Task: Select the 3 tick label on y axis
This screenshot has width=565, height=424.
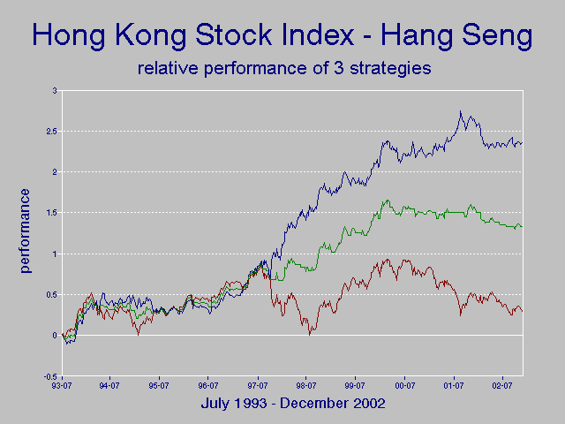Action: click(x=53, y=91)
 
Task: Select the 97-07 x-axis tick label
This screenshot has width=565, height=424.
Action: click(x=257, y=385)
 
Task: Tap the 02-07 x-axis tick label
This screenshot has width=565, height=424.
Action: click(x=503, y=385)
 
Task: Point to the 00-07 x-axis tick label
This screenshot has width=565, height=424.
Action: click(x=404, y=385)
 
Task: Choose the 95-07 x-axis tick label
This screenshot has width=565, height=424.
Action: click(x=158, y=385)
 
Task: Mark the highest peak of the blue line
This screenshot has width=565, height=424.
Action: click(x=460, y=111)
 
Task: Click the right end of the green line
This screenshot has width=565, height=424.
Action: click(x=523, y=227)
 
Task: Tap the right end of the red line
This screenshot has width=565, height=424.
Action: click(x=523, y=311)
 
